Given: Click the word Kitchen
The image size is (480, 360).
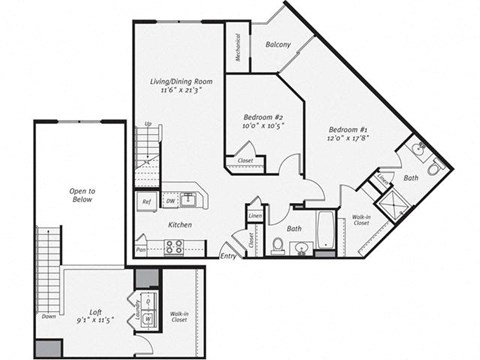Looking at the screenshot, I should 179,224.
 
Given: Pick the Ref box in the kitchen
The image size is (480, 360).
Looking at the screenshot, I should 146,202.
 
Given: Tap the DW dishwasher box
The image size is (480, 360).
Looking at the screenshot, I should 172,200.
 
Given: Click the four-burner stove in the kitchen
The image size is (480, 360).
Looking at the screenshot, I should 173,245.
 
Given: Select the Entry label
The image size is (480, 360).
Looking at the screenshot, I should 228,256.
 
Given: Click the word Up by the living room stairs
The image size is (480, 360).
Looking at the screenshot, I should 149,124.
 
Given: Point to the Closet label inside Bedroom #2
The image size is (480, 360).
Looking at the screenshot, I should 245,160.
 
